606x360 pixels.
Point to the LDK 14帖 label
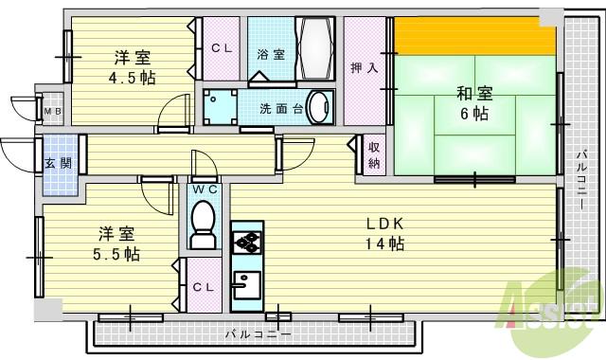click(x=387, y=234)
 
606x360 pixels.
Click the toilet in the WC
click(x=203, y=223)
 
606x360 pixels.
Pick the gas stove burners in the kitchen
click(x=245, y=243)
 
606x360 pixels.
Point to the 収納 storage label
click(x=374, y=154)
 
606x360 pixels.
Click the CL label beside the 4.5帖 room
click(x=223, y=48)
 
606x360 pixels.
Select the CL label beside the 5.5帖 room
click(x=203, y=286)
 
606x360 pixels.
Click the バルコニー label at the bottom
click(x=258, y=333)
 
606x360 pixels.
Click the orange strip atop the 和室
click(x=473, y=39)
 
